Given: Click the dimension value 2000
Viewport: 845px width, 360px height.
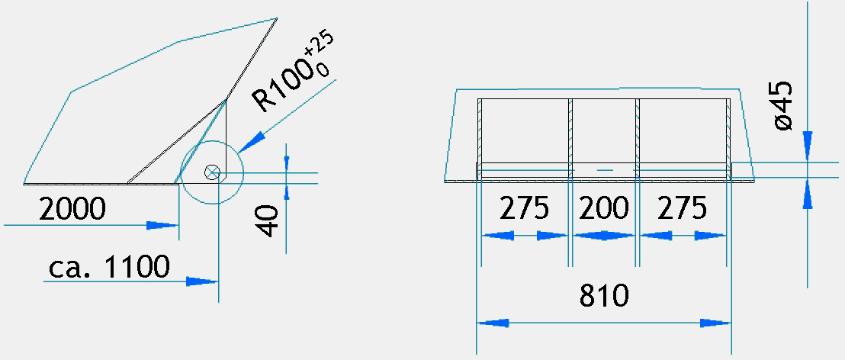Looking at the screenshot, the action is (72, 208).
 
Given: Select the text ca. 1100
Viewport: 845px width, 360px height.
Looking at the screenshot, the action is (109, 266).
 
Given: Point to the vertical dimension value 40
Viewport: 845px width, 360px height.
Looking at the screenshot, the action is (268, 220).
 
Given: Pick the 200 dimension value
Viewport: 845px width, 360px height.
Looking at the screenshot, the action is (603, 208).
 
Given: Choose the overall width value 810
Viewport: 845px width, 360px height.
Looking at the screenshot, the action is (604, 295).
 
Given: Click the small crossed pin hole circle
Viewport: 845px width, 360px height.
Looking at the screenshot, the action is (212, 172).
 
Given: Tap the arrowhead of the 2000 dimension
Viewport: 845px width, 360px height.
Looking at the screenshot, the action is (162, 225).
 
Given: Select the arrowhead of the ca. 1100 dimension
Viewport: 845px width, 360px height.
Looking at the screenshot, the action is (202, 281).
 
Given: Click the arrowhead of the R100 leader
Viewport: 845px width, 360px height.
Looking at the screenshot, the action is (251, 142).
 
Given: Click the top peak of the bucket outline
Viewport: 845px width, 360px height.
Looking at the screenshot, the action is (277, 18).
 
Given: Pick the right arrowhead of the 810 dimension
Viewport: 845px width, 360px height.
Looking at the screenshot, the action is (715, 323).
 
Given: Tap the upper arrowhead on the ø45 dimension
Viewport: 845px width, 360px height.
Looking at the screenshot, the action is (808, 146).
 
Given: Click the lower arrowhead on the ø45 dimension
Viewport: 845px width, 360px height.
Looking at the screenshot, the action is (808, 194).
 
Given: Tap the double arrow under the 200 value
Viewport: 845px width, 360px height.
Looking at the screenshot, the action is (604, 236).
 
